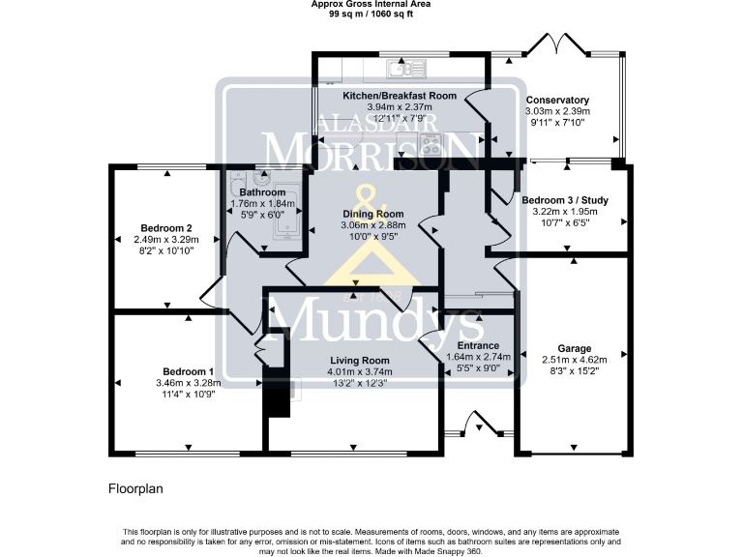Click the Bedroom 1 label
188,371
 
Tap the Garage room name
575,348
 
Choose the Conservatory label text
557,100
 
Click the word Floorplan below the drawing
135,489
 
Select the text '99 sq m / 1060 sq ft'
371,15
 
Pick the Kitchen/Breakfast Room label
400,96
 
